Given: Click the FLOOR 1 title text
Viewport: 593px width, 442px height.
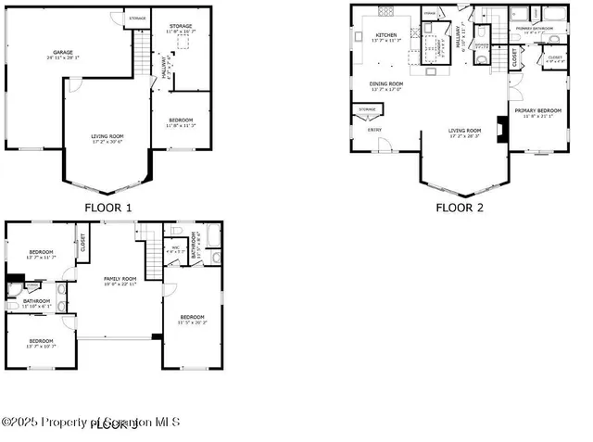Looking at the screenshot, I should pyautogui.click(x=107, y=208).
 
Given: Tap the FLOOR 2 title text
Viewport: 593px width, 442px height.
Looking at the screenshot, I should pyautogui.click(x=460, y=208).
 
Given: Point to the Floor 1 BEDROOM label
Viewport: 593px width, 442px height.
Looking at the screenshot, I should pyautogui.click(x=181, y=121).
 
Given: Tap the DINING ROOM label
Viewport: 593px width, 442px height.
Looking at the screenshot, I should pyautogui.click(x=386, y=85).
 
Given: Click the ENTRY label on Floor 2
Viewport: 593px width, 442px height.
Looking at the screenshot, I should pyautogui.click(x=375, y=130).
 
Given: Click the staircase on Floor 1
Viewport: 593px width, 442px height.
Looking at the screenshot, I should pyautogui.click(x=142, y=65).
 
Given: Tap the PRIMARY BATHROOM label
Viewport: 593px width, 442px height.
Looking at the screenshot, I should pyautogui.click(x=535, y=29).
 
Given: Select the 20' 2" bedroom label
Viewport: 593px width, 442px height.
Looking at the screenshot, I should pyautogui.click(x=192, y=320).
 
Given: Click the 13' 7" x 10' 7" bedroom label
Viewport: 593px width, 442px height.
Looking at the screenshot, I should pyautogui.click(x=41, y=343).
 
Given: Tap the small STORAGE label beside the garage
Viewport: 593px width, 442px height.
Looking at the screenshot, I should pyautogui.click(x=137, y=18).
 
